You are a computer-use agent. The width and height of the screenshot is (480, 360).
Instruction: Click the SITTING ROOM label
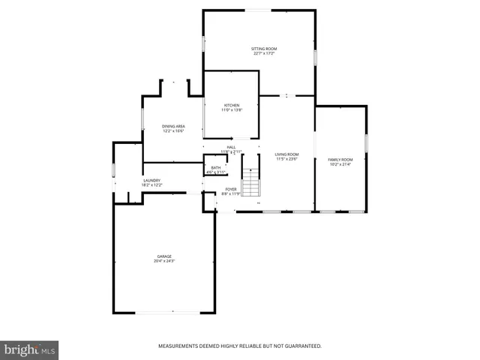(x=264, y=49)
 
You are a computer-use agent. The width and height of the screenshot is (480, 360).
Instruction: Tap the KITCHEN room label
(x=232, y=105)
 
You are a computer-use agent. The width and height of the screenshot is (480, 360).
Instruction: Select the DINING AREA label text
(x=174, y=126)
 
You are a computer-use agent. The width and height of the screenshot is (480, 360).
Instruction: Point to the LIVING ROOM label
(x=286, y=154)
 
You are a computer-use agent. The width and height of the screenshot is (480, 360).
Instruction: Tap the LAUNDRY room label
(x=151, y=180)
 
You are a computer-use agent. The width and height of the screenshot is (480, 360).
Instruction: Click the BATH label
(x=216, y=168)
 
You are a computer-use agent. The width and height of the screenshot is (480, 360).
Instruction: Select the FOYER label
(x=231, y=189)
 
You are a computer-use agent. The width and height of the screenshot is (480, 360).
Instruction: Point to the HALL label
(x=231, y=147)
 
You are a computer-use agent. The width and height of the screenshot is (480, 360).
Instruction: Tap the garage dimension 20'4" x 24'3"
(x=164, y=262)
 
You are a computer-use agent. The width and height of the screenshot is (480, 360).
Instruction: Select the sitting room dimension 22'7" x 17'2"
(x=264, y=54)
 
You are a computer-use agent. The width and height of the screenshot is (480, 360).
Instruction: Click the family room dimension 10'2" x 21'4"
(x=340, y=164)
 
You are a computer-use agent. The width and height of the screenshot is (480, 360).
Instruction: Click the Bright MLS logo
(x=30, y=349)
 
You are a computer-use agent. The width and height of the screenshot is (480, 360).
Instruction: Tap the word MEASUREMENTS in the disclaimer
(x=180, y=346)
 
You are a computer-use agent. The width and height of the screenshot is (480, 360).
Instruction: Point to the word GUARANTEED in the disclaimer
(x=303, y=346)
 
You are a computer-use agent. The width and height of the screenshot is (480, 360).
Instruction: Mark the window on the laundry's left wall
(x=113, y=170)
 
